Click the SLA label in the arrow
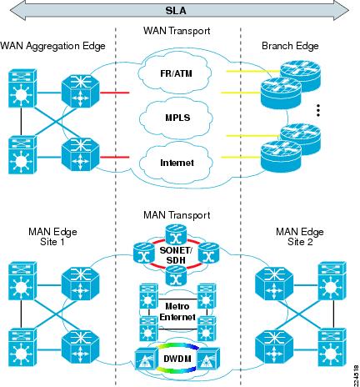point(176,11)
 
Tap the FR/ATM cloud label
point(176,73)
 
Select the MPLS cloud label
point(177,118)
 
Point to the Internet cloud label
point(177,163)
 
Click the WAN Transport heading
point(177,31)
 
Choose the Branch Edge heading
point(290,46)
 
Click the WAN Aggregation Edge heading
point(52,46)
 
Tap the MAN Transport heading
point(177,215)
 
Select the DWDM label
point(177,359)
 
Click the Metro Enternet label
point(177,312)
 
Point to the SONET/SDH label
point(176,255)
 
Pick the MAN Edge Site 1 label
point(52,237)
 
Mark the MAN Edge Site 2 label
point(300,237)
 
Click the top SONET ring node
point(176,235)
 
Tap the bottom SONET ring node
point(176,275)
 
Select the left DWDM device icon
point(145,359)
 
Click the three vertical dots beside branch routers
point(318,110)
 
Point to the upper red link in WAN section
point(114,93)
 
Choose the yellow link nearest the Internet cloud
point(241,158)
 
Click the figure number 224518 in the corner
point(356,376)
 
